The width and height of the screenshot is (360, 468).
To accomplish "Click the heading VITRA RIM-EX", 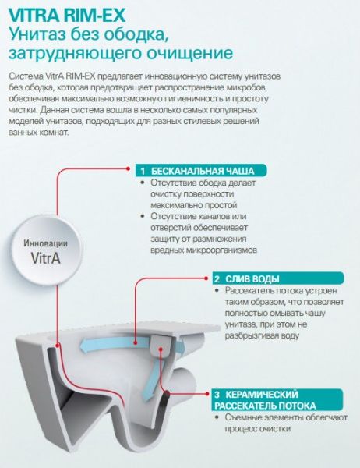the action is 67,15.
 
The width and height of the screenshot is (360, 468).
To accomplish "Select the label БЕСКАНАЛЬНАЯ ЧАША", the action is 203,172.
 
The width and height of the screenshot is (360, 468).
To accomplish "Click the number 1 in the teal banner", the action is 143,172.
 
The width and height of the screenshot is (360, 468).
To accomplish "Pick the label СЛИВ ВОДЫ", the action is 252,279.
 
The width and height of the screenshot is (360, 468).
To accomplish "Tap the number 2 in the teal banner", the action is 217,279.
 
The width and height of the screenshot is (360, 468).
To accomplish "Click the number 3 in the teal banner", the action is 217,395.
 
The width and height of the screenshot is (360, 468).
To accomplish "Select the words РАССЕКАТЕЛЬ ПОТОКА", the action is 265,406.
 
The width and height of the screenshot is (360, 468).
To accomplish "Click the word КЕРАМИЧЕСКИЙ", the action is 262,395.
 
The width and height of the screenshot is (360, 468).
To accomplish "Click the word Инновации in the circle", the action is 46,243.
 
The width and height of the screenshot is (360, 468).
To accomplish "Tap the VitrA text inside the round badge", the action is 46,257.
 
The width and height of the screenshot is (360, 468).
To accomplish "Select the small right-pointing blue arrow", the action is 180,347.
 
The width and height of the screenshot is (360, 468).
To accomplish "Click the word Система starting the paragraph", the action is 26,76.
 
